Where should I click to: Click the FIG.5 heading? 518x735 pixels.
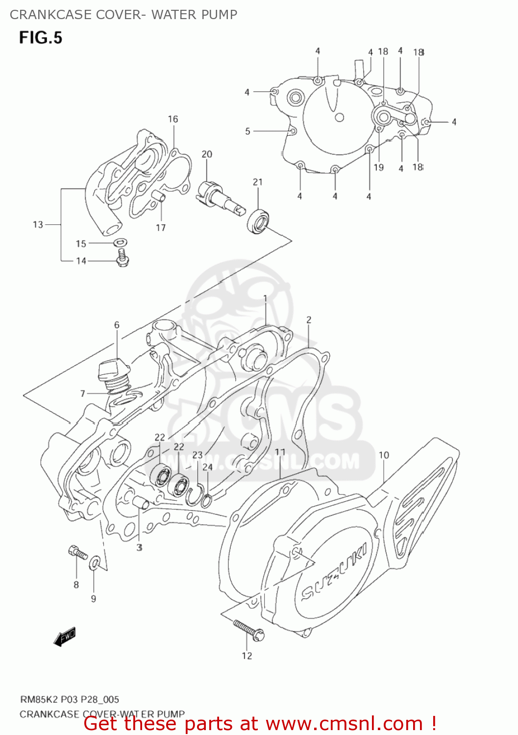41,38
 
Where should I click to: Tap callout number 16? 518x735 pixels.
173,119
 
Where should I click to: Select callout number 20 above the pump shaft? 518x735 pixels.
207,154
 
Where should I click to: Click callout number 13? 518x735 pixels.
38,224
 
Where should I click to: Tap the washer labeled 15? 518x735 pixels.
121,242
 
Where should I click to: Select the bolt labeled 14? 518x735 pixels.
122,258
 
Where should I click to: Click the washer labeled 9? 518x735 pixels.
95,563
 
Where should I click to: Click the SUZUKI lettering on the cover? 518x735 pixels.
334,572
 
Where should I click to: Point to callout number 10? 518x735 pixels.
384,455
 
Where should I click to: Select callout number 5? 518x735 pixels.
247,131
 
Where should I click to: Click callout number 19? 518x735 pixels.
378,168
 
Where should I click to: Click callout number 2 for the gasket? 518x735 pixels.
309,320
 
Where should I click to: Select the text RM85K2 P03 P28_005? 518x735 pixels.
69,699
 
